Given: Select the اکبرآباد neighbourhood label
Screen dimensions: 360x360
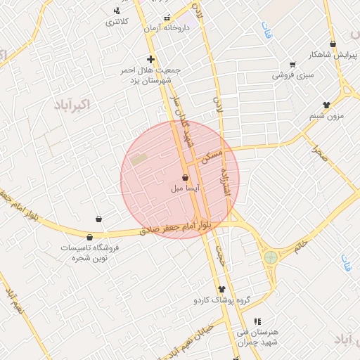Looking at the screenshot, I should point(72,105).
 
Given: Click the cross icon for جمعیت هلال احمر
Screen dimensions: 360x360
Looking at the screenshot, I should point(150,60).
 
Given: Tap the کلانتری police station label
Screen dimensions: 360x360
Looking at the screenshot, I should point(117,22).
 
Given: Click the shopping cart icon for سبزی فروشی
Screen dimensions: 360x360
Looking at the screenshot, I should point(292,64).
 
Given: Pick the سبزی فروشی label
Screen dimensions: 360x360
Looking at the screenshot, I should point(293,74).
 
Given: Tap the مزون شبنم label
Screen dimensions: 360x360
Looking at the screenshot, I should point(326,115).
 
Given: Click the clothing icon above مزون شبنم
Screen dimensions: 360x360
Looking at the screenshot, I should point(326,105).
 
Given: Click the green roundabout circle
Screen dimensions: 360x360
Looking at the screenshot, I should point(271,258).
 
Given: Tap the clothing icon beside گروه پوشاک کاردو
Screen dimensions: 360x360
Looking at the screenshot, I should point(222,289).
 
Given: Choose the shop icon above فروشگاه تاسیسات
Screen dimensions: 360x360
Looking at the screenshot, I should point(89,237).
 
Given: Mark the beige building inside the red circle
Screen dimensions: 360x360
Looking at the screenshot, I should point(139,159).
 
